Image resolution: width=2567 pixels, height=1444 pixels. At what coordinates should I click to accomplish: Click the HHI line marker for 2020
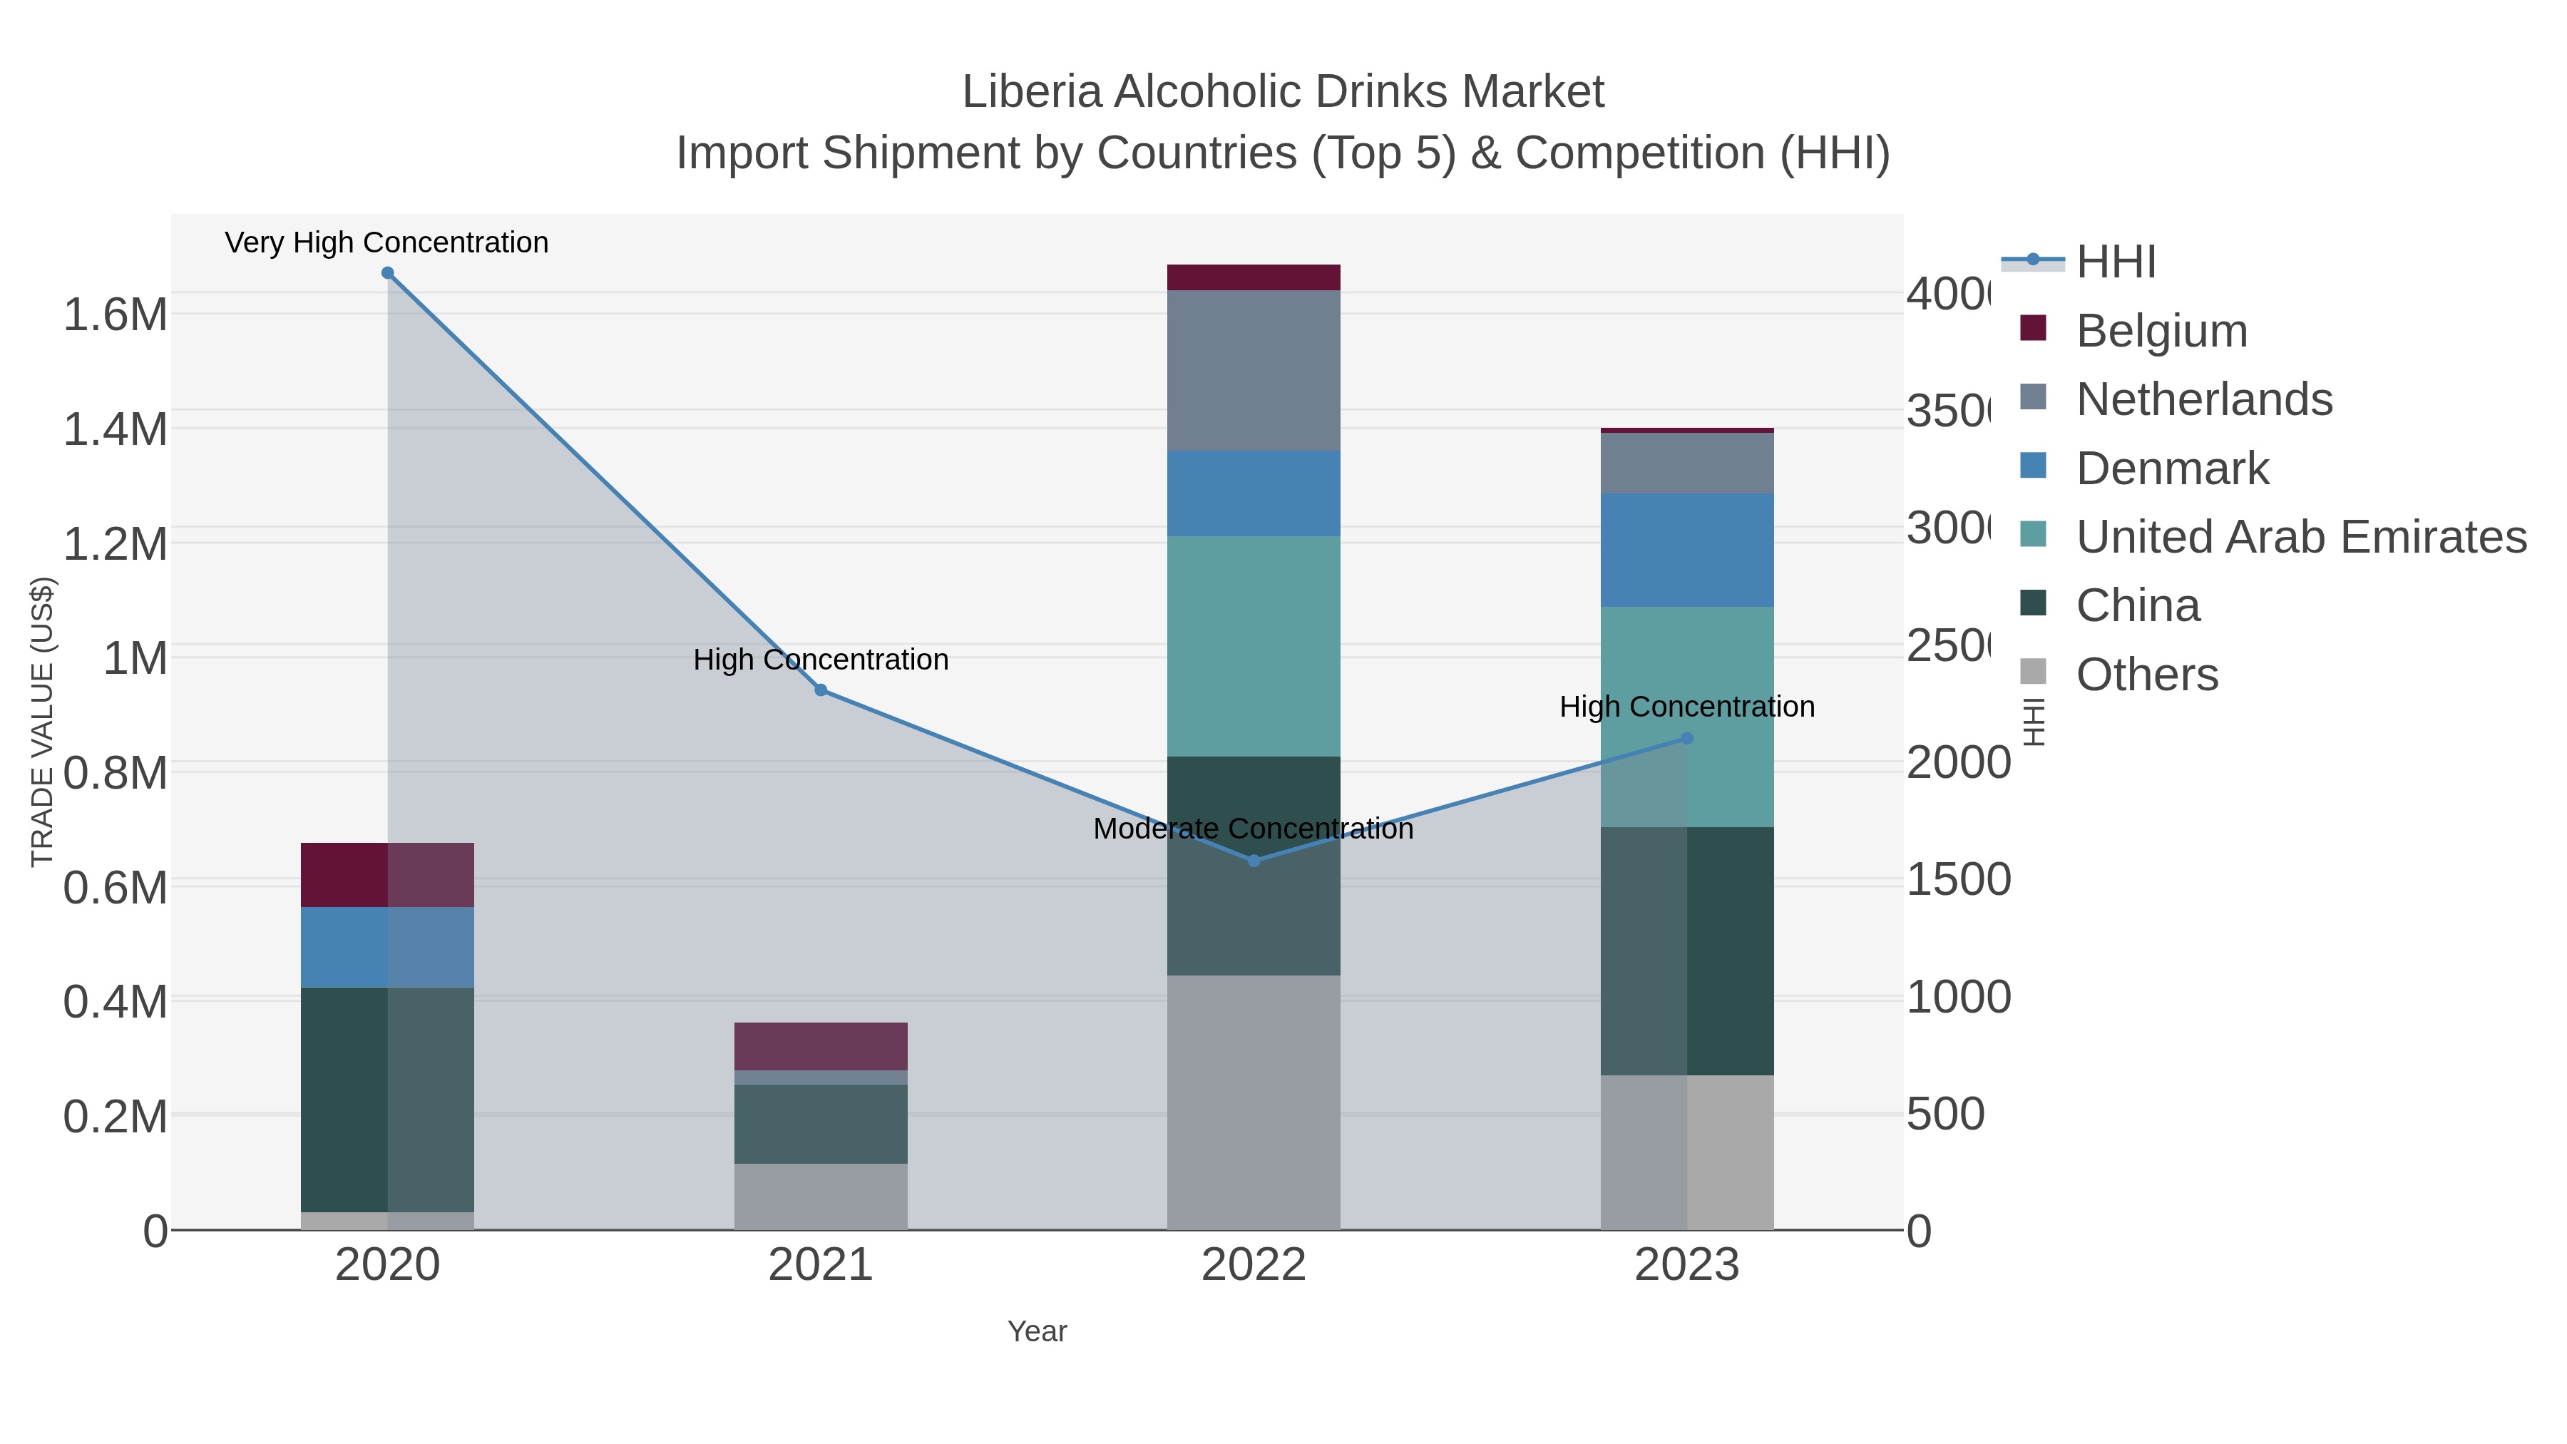point(388,273)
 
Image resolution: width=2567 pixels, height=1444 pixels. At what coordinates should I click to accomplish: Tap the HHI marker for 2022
point(1254,861)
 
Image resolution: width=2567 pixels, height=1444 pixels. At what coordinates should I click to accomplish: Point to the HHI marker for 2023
point(1687,739)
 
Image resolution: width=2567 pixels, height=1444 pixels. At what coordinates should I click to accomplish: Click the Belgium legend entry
point(2161,331)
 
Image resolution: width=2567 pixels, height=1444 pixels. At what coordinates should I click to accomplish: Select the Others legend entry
point(2146,675)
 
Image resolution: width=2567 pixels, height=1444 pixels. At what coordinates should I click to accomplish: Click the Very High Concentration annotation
point(386,243)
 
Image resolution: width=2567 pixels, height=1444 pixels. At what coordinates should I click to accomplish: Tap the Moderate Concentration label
point(1253,829)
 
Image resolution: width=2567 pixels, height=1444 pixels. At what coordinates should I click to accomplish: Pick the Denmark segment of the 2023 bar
point(1687,550)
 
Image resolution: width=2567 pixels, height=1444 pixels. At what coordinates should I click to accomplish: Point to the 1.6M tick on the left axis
point(115,315)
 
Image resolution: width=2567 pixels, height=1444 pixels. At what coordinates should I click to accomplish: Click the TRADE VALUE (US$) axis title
point(43,722)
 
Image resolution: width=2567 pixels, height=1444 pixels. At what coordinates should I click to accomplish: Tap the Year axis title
point(1037,1331)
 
